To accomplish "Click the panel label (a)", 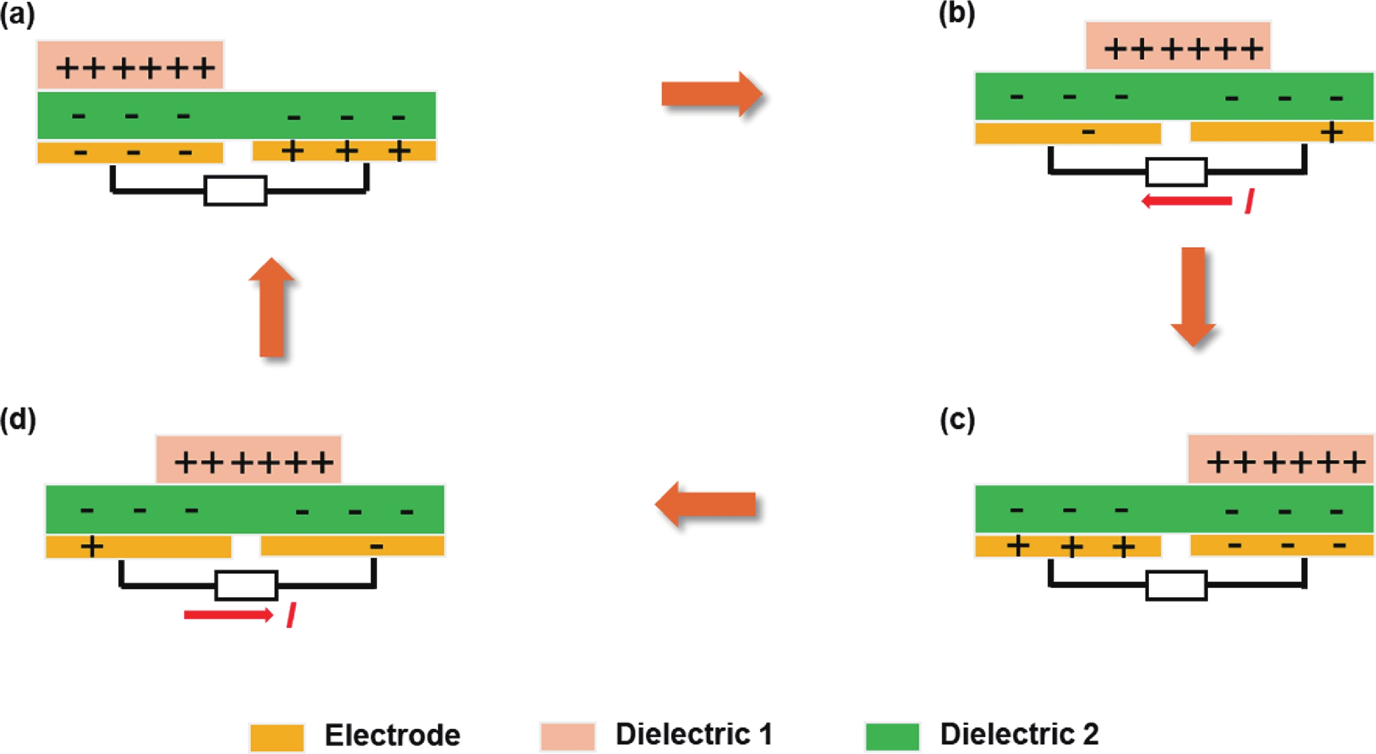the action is (17, 16).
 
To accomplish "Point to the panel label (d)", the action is (18, 419).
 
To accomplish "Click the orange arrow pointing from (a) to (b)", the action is (711, 94).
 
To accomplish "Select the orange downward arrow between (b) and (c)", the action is (1193, 297).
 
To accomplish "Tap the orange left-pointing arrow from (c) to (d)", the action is (705, 504).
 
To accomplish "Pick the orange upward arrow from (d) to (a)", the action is (272, 307).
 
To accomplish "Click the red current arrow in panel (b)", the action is (1186, 201).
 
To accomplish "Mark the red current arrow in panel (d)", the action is (229, 614).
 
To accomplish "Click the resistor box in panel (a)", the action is (235, 190).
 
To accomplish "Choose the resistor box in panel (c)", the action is (1176, 585).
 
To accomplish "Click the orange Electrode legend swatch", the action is (276, 737).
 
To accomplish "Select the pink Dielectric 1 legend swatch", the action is (567, 736).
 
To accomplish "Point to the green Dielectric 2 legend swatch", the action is (892, 736).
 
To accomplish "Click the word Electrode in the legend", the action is (393, 735).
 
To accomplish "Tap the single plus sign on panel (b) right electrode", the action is (1331, 132).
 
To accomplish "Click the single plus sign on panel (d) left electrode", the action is (91, 547).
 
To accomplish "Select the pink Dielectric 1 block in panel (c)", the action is (1280, 458).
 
